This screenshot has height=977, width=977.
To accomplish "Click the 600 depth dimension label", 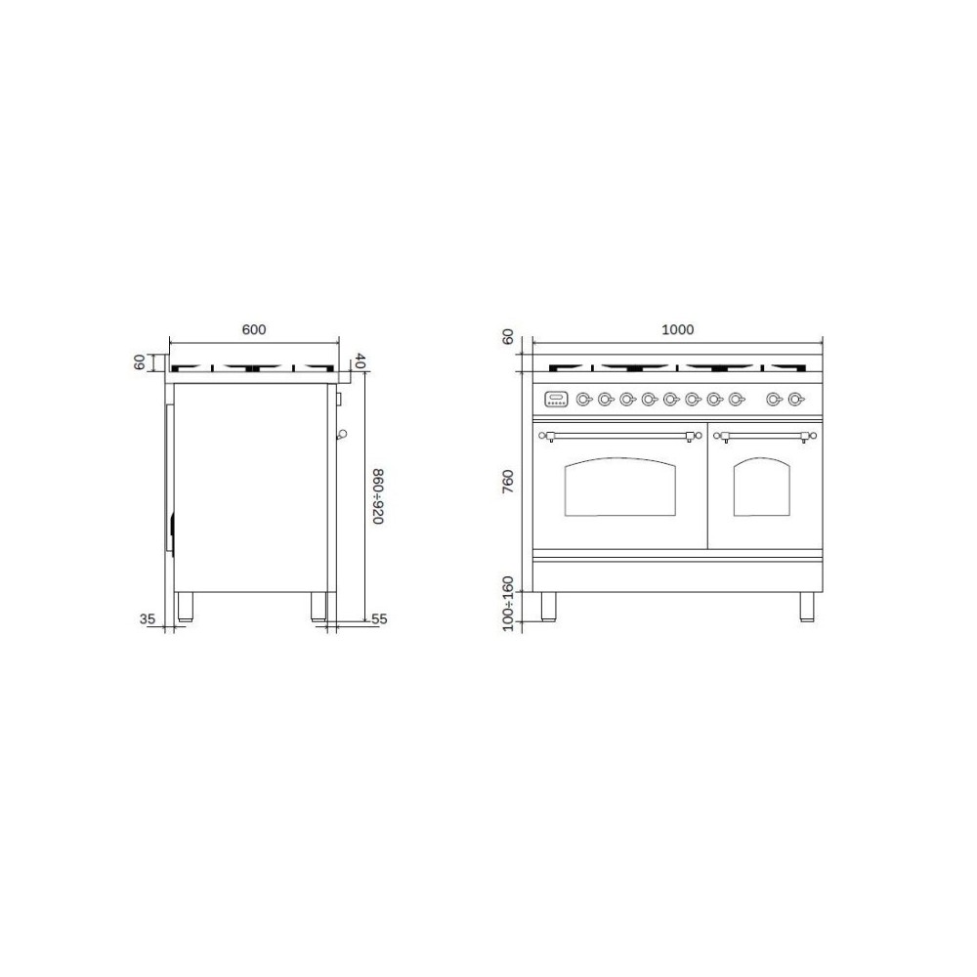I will [x=254, y=329].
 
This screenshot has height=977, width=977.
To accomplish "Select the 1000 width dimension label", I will [x=678, y=329].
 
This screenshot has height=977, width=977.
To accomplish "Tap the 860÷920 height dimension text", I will [x=377, y=495].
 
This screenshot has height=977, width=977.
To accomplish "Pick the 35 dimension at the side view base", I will [x=149, y=618].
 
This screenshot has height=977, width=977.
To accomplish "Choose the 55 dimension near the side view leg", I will [x=380, y=618].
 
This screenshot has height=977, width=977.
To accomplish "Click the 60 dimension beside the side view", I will [x=140, y=361].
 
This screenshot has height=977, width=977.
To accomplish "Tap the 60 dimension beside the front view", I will [x=507, y=337].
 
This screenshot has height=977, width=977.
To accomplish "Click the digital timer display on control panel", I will [x=555, y=399].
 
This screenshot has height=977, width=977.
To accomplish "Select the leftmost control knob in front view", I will [x=583, y=399].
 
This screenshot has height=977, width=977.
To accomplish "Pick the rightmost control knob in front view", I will [x=796, y=399].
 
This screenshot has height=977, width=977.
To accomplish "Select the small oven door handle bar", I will [x=765, y=435].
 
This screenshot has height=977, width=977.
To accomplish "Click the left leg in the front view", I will [x=547, y=606].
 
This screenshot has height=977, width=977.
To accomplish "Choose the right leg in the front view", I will [x=807, y=606].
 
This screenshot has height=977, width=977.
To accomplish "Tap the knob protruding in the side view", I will [x=342, y=435].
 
